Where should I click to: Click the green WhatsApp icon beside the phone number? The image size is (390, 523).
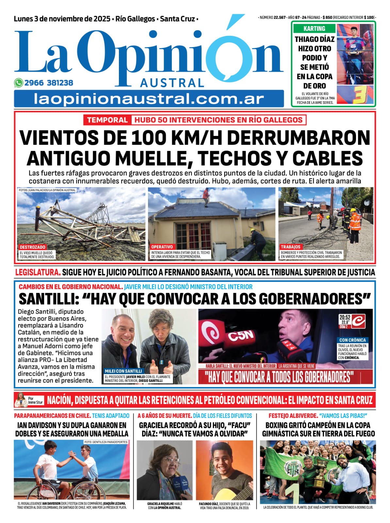pyautogui.click(x=18, y=83)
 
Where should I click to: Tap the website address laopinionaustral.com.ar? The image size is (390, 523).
pyautogui.click(x=149, y=99)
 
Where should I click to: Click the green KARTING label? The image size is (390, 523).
pyautogui.click(x=314, y=28)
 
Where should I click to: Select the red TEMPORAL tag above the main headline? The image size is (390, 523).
pyautogui.click(x=107, y=120)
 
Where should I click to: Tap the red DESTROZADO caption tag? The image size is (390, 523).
pyautogui.click(x=32, y=247)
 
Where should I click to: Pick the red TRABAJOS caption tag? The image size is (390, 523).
pyautogui.click(x=290, y=247)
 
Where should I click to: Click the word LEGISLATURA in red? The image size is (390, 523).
pyautogui.click(x=38, y=272)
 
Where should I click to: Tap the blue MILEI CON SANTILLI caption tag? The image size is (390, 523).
pyautogui.click(x=123, y=371)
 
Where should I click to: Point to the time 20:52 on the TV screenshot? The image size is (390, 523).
pyautogui.click(x=345, y=317)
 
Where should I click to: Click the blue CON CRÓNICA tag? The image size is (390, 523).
pyautogui.click(x=352, y=340)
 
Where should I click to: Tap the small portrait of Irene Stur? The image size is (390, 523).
pyautogui.click(x=20, y=399)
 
